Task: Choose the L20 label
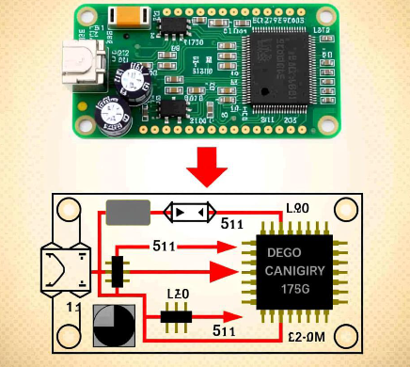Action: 179,295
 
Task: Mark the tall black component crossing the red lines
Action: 118,271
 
